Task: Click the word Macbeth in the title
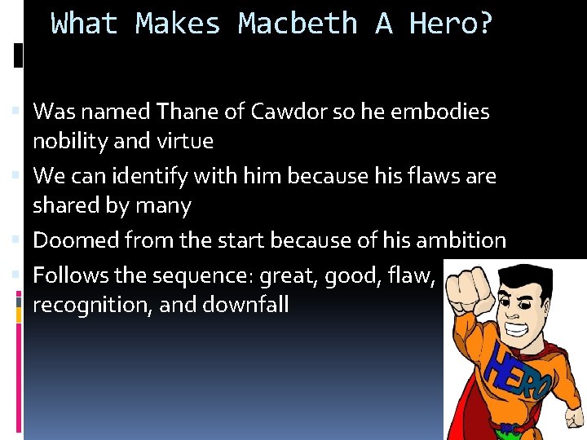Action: point(298,24)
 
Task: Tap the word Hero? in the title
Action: point(451,24)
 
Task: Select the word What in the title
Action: point(84,24)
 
